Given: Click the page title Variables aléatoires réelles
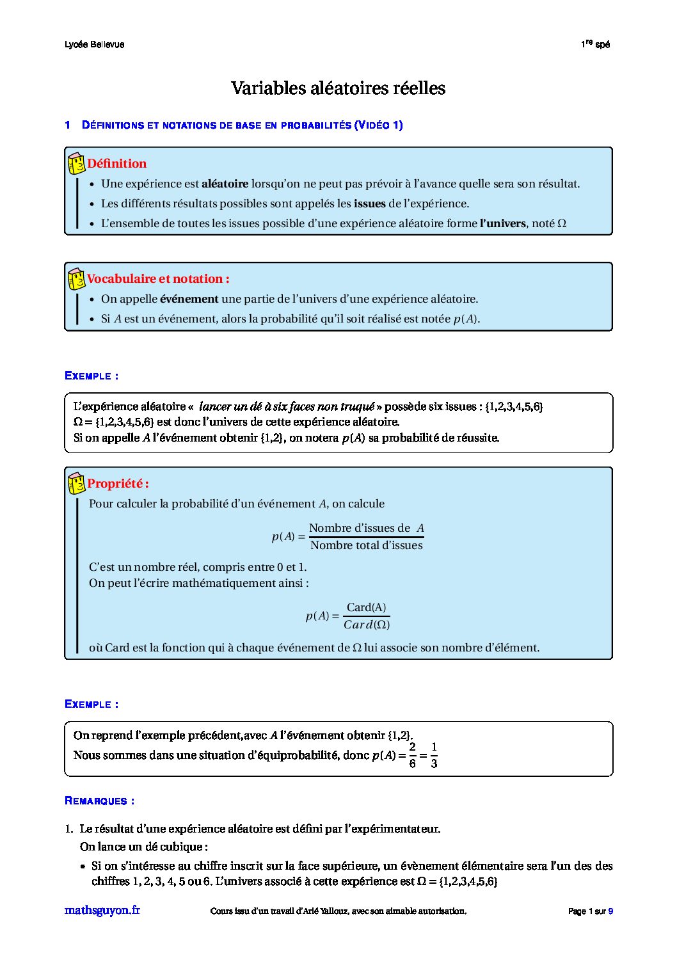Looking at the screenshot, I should [x=338, y=88].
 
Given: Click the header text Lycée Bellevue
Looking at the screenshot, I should [x=95, y=45].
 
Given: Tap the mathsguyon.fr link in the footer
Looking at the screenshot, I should [x=102, y=910].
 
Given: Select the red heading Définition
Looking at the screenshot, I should [x=117, y=164].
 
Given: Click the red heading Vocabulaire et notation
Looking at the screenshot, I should [x=158, y=279].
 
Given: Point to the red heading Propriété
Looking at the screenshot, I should [x=118, y=484].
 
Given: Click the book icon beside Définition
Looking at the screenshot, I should [x=76, y=164].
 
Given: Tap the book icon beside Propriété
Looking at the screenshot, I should [x=76, y=484].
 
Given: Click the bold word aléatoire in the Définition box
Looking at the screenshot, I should [x=225, y=184].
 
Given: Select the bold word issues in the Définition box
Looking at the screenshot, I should [x=369, y=204].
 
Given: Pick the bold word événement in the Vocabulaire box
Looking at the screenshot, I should [x=189, y=299].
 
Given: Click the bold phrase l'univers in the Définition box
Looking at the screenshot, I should [x=502, y=224].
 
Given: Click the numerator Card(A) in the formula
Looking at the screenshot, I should [x=366, y=607].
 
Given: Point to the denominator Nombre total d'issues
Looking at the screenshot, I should [x=366, y=545].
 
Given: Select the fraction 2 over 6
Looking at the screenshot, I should [x=412, y=755].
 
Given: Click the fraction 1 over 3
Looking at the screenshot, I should [x=434, y=755].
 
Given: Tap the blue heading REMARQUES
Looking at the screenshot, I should [x=99, y=801].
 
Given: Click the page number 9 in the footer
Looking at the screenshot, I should [x=610, y=911].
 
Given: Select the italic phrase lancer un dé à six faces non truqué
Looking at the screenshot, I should [x=287, y=407].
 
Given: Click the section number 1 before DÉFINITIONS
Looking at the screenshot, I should [x=67, y=125].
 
